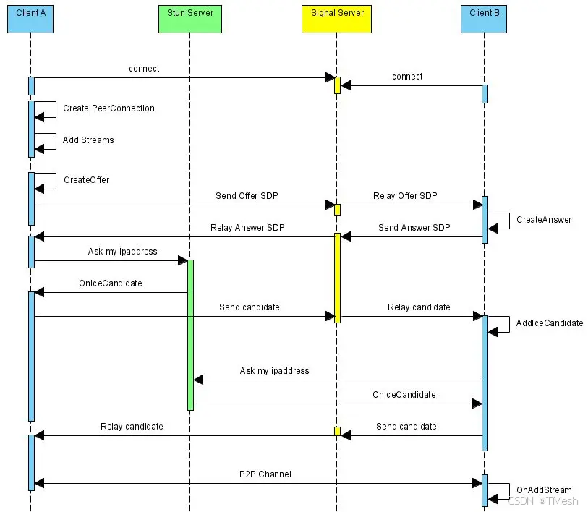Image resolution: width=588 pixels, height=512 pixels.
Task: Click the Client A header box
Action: click(x=30, y=20)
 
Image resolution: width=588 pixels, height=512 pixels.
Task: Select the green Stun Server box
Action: click(x=189, y=20)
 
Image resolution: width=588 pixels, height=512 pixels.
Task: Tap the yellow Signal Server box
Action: click(x=336, y=20)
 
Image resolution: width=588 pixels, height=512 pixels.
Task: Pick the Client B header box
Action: click(x=484, y=20)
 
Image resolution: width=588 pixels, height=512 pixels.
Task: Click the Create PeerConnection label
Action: click(x=108, y=108)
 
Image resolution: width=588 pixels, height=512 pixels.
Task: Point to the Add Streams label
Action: click(x=88, y=140)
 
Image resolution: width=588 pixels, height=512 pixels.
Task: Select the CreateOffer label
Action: click(x=86, y=180)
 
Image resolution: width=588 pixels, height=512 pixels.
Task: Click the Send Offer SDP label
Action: click(x=247, y=196)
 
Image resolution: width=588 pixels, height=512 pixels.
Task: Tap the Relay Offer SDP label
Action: click(x=405, y=196)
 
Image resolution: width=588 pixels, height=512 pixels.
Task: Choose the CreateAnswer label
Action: click(x=544, y=220)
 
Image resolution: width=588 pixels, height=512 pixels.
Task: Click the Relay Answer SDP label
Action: click(x=247, y=228)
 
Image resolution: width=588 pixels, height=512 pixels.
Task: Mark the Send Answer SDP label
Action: click(x=414, y=228)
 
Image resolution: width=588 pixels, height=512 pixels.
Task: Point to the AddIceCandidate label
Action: click(x=550, y=323)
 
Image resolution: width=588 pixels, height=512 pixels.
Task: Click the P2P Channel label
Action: click(x=265, y=474)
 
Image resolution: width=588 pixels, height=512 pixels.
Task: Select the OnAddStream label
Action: click(x=544, y=490)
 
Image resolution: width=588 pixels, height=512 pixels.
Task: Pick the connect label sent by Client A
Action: click(x=144, y=69)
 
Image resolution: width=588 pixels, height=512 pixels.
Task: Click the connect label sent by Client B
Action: click(x=407, y=77)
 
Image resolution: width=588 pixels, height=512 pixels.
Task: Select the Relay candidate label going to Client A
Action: click(x=132, y=427)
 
